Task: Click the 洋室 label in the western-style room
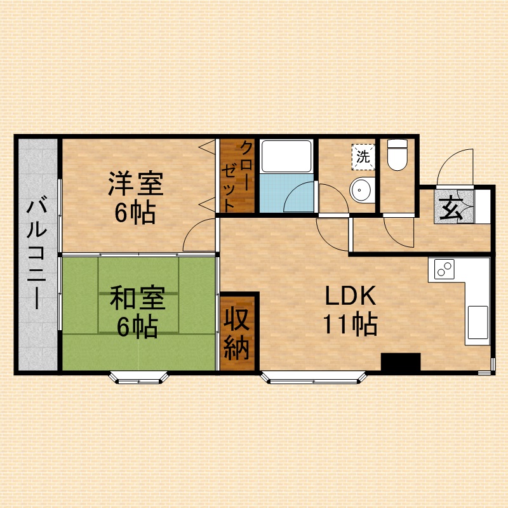pos(135,184)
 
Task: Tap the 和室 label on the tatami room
pos(138,297)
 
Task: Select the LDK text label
pos(351,295)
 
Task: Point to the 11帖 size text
pos(351,324)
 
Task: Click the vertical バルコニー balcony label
pos(37,255)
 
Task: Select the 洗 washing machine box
pos(363,157)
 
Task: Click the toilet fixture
pos(398,155)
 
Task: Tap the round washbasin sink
pos(362,189)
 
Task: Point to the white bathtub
pos(286,156)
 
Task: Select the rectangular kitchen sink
pos(478,323)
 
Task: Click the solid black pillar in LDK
pos(401,361)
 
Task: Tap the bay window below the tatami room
pos(138,378)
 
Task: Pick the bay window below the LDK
pos(314,378)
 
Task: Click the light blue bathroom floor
pos(286,194)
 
